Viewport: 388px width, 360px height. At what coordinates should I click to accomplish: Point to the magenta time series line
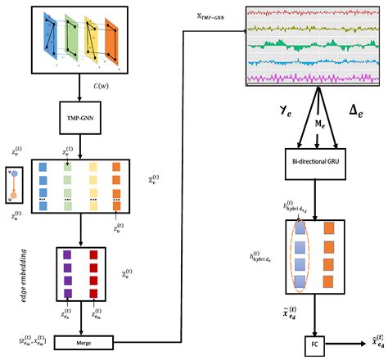(x=309, y=77)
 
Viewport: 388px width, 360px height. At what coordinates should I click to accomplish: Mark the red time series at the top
(x=309, y=13)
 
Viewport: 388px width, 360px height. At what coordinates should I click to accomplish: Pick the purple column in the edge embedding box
(x=65, y=272)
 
